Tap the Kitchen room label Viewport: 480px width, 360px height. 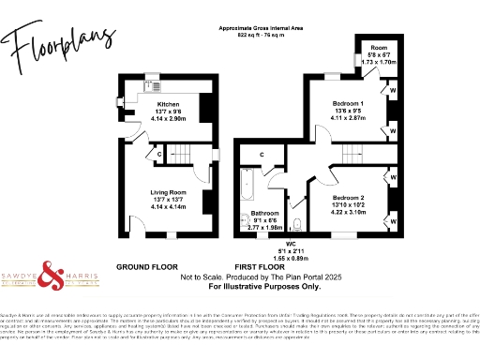[x=168, y=104]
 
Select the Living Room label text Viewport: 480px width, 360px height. [x=168, y=193]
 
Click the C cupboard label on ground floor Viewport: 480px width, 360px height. [x=160, y=153]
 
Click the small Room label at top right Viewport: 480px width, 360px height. [x=378, y=46]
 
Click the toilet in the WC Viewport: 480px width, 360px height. [x=296, y=223]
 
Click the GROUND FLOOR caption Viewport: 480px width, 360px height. [x=146, y=267]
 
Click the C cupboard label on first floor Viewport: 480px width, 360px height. [x=262, y=153]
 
